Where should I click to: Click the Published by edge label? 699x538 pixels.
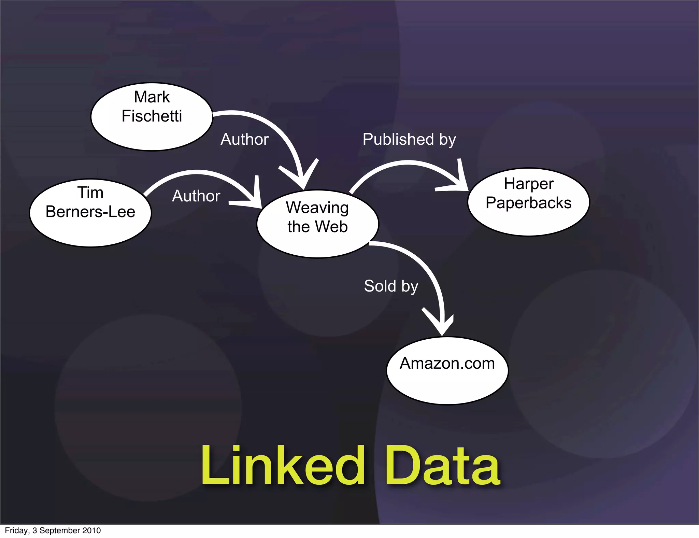coord(409,140)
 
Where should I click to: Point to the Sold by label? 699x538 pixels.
coord(391,286)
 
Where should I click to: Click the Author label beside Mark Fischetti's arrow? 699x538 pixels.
coord(244,140)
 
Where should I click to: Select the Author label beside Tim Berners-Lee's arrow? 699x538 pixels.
coord(196,196)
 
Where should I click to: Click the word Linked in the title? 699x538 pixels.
coord(283,466)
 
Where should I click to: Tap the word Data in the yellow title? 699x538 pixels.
coord(442,466)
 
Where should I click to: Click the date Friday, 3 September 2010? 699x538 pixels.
coord(53,530)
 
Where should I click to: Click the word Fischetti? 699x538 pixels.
coord(152,116)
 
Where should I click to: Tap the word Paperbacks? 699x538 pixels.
coord(528,203)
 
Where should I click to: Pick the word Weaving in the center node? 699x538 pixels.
coord(317,208)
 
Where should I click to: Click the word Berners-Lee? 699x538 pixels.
coord(90,212)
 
